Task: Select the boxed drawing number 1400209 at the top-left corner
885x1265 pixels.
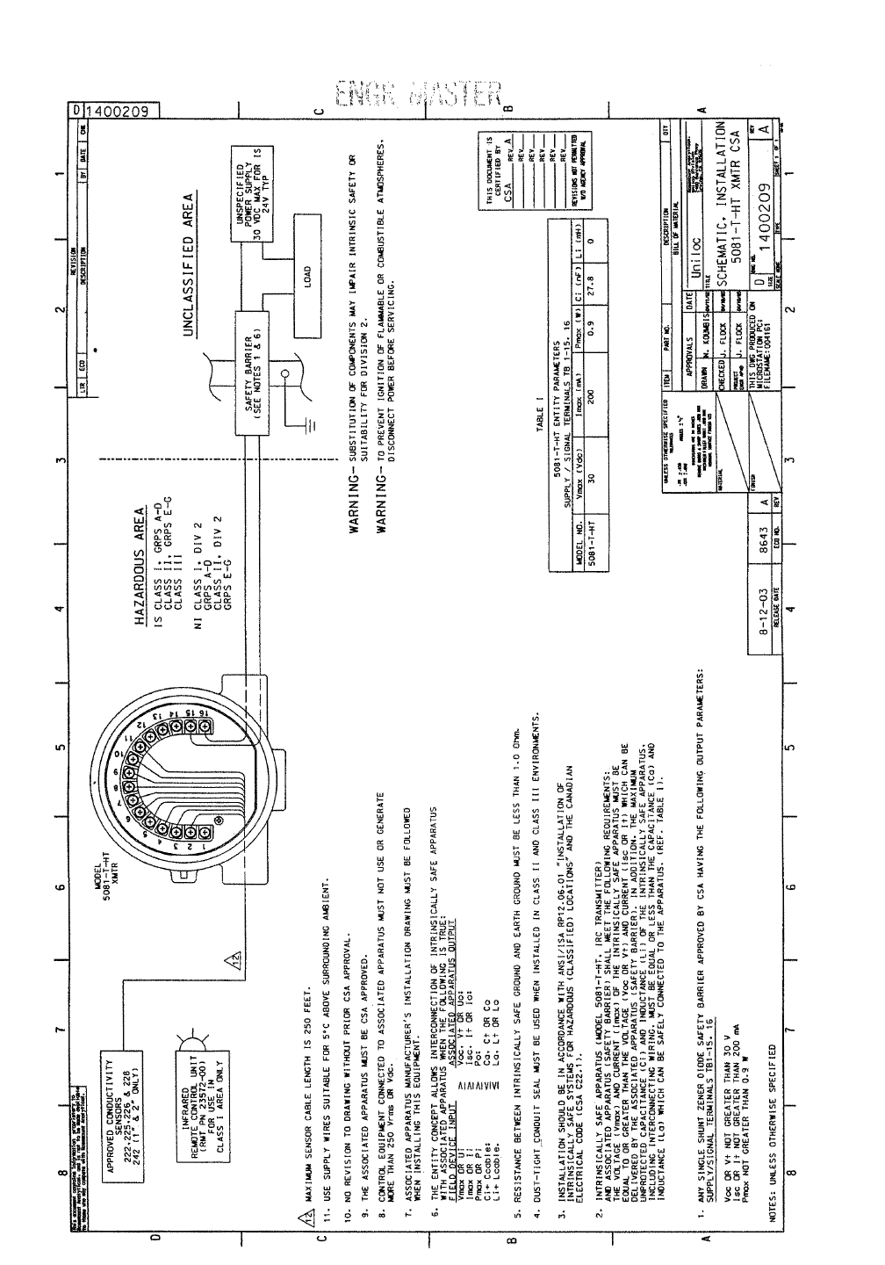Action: click(x=121, y=110)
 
